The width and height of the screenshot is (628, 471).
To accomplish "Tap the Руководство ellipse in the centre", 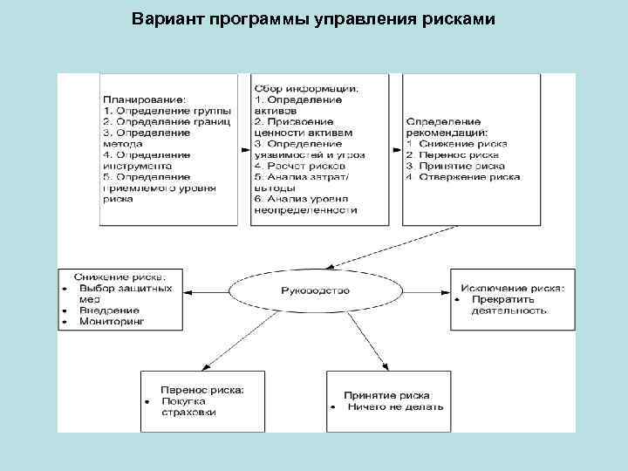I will click(x=315, y=290).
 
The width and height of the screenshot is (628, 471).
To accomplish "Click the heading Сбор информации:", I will click(x=307, y=87).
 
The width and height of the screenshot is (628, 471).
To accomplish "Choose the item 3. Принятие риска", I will click(x=457, y=165).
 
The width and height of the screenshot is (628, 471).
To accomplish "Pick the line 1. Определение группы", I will click(x=167, y=111).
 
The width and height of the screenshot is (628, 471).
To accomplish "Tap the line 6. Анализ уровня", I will click(x=300, y=199).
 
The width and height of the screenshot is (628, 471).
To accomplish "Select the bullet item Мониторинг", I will click(x=112, y=321).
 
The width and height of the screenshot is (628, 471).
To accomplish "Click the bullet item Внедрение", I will click(x=109, y=310).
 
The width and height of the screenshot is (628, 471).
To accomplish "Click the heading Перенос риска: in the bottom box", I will click(x=201, y=390).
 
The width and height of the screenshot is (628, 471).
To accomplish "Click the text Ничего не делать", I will click(x=395, y=406).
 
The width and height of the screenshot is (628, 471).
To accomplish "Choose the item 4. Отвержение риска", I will click(x=462, y=176).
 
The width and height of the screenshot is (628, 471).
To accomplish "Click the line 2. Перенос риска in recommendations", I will click(x=452, y=154).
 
